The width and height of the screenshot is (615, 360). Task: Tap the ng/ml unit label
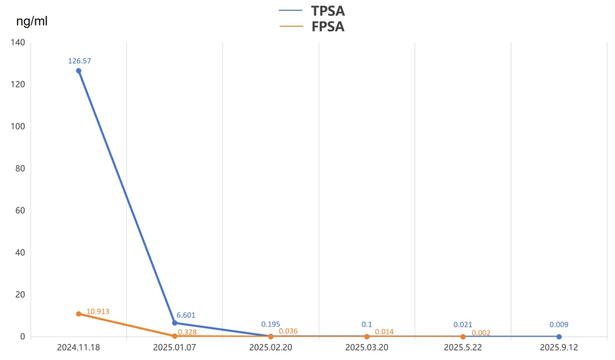coord(32,22)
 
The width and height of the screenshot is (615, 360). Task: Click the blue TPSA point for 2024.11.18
coord(79,71)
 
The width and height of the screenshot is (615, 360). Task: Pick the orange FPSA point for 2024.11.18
coord(79,314)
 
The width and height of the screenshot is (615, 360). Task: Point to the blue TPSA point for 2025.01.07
coord(175,323)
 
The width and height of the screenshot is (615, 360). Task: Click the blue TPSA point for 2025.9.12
coord(559,337)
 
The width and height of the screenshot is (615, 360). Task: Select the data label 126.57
coord(79,60)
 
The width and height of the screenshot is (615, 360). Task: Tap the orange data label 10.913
coord(98,312)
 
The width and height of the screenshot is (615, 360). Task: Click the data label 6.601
coord(186,315)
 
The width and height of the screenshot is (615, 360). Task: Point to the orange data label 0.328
coord(187,332)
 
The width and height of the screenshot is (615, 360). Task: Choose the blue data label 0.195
coord(270,324)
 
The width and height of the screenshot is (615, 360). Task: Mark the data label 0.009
coord(559,325)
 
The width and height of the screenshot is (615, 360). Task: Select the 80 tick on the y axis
coord(20,168)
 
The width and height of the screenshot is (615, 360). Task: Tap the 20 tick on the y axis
coord(20,294)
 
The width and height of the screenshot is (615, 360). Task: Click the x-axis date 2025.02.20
coord(270,347)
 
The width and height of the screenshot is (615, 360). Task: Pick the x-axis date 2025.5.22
coord(462,347)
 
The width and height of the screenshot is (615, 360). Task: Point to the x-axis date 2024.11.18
coord(79,347)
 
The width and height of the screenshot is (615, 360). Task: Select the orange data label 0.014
coord(384,332)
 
